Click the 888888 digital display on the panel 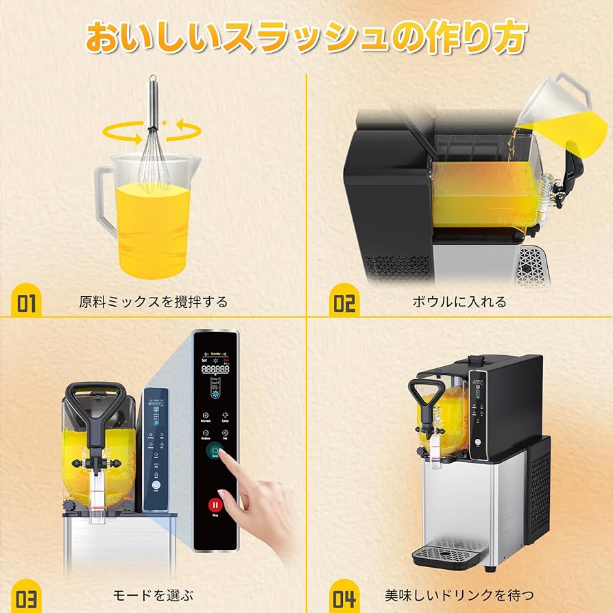[x=215, y=370]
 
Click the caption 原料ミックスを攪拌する [x=153, y=302]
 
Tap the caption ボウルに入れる [x=459, y=302]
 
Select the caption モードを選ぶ [x=152, y=594]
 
